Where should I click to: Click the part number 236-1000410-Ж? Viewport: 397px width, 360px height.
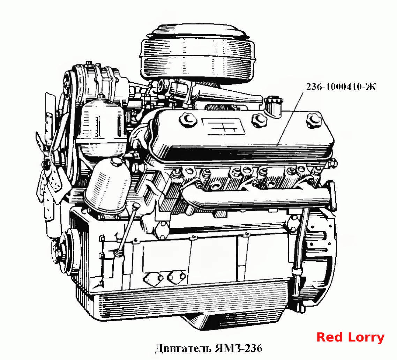[x=341, y=87]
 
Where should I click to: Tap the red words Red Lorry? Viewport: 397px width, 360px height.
[x=350, y=337]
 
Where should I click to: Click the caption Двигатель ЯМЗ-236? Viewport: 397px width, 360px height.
[x=209, y=348]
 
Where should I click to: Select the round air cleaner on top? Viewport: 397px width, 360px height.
[x=197, y=53]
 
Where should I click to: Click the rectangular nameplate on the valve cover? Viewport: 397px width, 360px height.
[x=224, y=126]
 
